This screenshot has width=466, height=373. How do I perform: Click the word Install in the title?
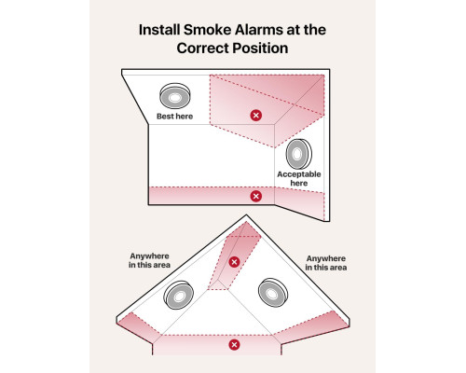159,30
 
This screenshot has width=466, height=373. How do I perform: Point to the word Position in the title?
260,48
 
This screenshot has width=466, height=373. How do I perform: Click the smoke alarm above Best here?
175,96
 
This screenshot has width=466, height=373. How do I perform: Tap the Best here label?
174,117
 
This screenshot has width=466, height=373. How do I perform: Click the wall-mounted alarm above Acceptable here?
298,154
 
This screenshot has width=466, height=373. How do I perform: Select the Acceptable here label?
299,179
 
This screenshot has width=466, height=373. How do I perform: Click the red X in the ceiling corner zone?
256,116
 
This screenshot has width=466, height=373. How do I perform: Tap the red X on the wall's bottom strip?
256,196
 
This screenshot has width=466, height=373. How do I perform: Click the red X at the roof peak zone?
234,262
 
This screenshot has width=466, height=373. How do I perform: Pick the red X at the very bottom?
234,345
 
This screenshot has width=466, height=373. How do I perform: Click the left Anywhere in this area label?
149,260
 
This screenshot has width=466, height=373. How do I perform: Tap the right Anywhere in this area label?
326,263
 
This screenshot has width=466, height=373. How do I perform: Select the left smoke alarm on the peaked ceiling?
179,296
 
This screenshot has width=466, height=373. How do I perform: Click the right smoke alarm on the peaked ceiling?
273,293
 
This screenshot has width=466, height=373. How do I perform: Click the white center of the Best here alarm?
175,98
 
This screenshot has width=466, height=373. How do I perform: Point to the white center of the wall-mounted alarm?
296,154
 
